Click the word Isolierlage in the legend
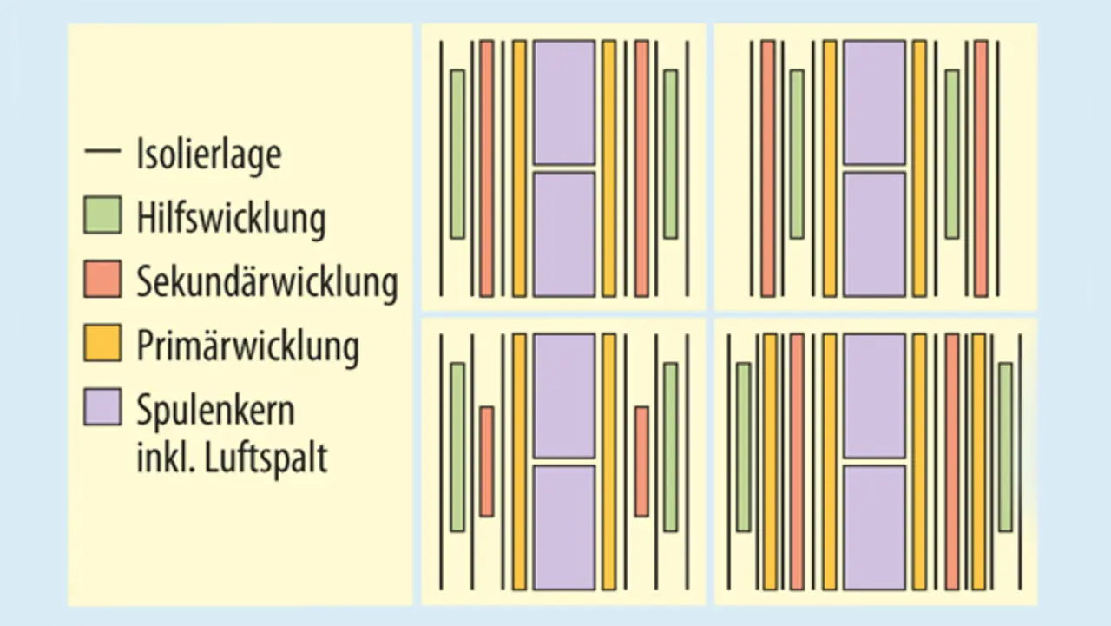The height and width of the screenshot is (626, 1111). (x=208, y=155)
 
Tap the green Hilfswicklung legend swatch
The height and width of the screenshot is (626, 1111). (x=102, y=215)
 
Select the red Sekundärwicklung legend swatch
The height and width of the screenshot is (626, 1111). (x=102, y=280)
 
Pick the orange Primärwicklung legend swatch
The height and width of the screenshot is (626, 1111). (x=102, y=344)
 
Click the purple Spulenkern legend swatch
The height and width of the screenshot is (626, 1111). (x=102, y=407)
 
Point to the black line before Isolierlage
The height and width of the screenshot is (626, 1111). (x=102, y=153)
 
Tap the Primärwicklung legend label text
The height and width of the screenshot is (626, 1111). (x=247, y=346)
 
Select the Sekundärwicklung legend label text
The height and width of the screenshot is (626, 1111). (x=266, y=281)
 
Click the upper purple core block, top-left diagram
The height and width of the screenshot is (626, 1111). (x=564, y=102)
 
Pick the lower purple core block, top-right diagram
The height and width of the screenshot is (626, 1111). (x=874, y=234)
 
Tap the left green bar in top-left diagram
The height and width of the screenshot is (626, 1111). (x=457, y=154)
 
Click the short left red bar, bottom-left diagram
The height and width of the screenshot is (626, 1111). (x=487, y=461)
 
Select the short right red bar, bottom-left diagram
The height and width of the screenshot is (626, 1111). (x=641, y=461)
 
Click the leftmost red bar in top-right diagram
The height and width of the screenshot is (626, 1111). (x=767, y=168)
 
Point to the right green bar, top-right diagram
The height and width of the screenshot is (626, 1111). (x=952, y=154)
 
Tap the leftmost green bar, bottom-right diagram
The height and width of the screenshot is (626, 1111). (x=743, y=446)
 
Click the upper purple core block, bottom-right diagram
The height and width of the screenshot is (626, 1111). (x=874, y=395)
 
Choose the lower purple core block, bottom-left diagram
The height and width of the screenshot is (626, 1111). (x=564, y=527)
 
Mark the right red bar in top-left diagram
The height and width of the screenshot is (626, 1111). (x=641, y=168)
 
